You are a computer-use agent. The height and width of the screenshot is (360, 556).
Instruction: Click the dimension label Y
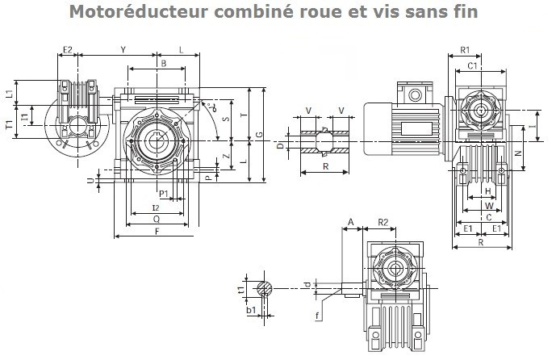123,50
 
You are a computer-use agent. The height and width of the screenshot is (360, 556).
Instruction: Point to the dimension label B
163,63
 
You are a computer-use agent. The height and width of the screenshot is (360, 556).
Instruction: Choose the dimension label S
225,120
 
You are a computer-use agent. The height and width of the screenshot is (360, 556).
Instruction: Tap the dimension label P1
164,194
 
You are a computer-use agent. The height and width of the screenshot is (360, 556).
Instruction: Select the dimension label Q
156,218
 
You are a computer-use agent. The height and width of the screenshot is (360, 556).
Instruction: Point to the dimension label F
156,232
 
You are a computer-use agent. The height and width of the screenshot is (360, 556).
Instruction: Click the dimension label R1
465,51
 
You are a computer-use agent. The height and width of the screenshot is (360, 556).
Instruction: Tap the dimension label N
518,151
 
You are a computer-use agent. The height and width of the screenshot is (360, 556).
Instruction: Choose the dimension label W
487,205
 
